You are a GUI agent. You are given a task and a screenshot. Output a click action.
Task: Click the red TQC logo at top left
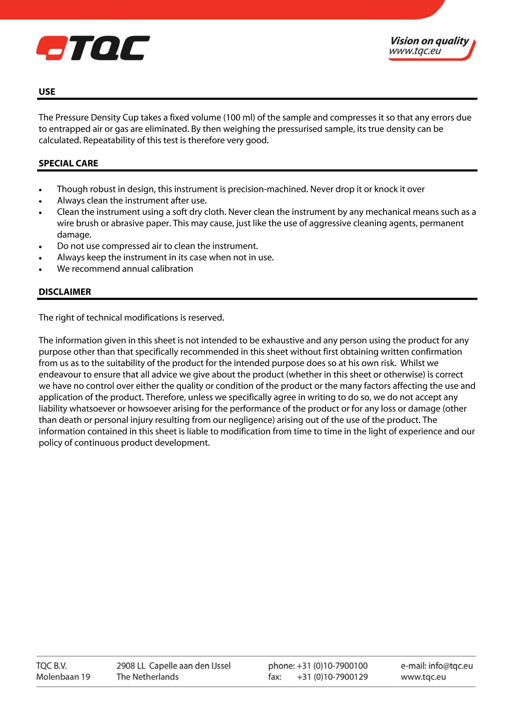(93, 48)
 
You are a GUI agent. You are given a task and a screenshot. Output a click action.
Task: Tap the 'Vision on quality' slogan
(429, 41)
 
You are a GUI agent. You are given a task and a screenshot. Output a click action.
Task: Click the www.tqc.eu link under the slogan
(415, 51)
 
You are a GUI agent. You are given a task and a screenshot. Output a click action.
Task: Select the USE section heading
(47, 92)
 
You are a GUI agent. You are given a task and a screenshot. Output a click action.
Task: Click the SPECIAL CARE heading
(68, 163)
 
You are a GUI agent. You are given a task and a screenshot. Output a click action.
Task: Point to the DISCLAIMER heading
(65, 292)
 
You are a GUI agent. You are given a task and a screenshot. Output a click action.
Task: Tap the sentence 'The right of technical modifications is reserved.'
(131, 318)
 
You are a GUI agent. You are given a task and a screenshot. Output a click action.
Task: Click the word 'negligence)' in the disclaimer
(248, 420)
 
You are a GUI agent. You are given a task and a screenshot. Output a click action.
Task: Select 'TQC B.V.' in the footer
(52, 666)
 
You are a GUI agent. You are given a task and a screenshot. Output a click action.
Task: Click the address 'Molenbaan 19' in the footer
(63, 677)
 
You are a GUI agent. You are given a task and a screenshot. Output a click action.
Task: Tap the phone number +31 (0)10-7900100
(332, 666)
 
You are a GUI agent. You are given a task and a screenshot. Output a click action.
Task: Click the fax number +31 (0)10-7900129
(332, 677)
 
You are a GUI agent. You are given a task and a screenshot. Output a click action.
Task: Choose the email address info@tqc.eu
(451, 666)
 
